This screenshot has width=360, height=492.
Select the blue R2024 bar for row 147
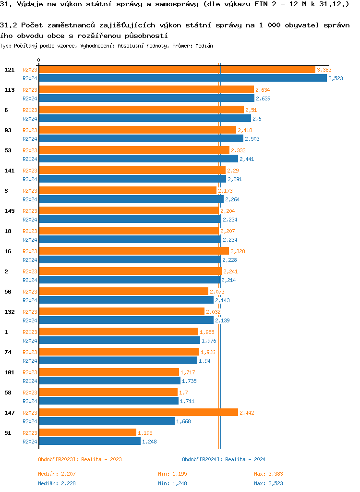click(x=107, y=421)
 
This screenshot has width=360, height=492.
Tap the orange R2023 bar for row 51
click(x=87, y=433)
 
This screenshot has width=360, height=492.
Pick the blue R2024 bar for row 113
click(x=146, y=98)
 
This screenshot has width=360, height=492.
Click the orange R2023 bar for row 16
click(x=134, y=251)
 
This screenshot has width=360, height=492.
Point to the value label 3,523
click(x=336, y=78)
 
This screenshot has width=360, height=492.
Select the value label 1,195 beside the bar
click(x=145, y=433)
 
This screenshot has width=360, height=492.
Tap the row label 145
click(x=9, y=211)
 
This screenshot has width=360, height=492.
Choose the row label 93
click(x=8, y=130)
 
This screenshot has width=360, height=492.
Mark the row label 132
click(x=9, y=312)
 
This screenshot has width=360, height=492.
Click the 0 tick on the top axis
click(x=38, y=61)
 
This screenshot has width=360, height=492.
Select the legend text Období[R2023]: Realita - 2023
click(x=80, y=459)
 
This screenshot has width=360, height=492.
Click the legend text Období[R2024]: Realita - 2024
click(x=224, y=459)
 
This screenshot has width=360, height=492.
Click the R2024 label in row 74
click(x=30, y=361)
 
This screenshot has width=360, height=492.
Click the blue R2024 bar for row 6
click(x=144, y=119)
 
